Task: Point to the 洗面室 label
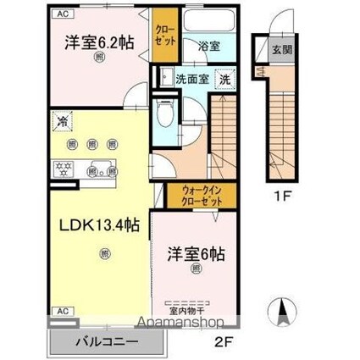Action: click(191, 79)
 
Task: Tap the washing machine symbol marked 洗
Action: click(226, 79)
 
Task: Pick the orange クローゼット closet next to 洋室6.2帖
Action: click(163, 35)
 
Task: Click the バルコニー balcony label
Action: click(105, 344)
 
